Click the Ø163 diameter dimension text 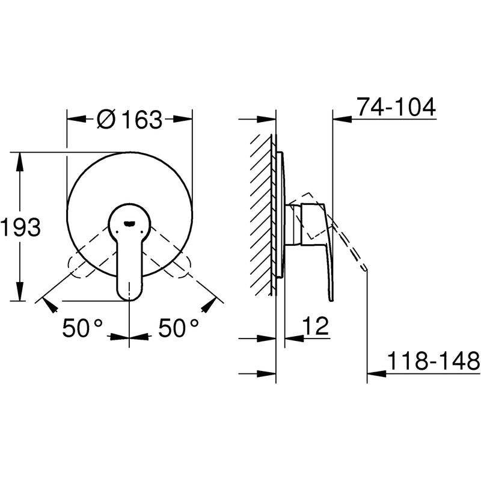click(129, 119)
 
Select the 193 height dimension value click(20, 227)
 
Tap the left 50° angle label click(83, 328)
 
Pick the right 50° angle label click(179, 328)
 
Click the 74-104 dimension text click(396, 107)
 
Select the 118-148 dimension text click(433, 361)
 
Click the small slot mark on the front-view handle click(129, 224)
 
